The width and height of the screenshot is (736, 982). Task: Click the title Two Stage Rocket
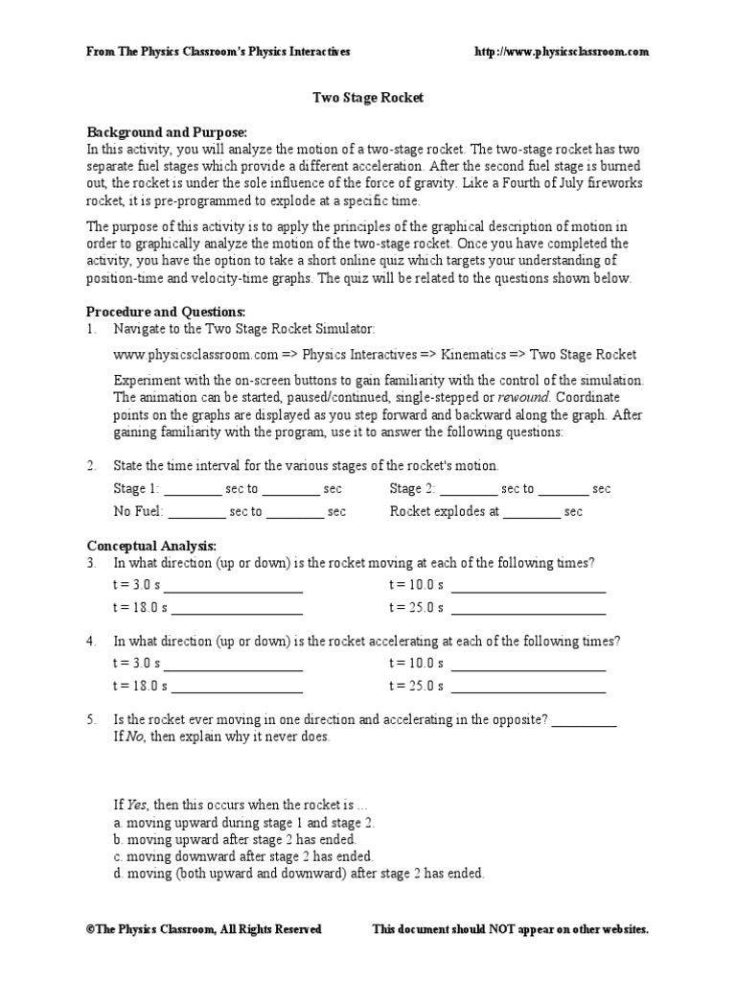pos(369,98)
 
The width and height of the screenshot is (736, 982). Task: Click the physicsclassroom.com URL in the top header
pos(563,51)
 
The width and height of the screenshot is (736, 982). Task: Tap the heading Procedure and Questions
pos(166,312)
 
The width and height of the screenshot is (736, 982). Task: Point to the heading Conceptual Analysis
pos(152,545)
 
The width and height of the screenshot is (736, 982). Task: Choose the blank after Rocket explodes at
pos(531,514)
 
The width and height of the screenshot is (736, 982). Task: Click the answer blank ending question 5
pos(584,723)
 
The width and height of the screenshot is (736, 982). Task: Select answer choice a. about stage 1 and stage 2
pos(244,823)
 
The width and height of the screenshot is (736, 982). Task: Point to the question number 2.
pos(91,466)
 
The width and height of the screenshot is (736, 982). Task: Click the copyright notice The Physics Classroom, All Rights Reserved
pos(204,929)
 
